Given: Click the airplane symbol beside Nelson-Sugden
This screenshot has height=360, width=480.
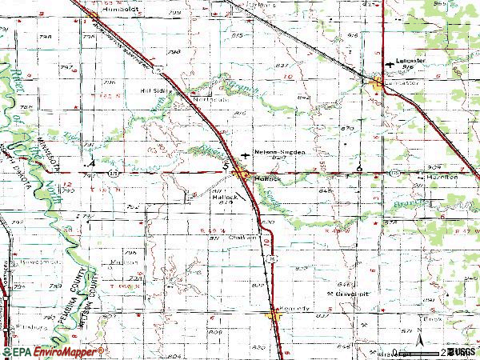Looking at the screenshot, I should [x=244, y=150].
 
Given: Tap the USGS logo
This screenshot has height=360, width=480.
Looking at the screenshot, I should [x=462, y=352].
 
